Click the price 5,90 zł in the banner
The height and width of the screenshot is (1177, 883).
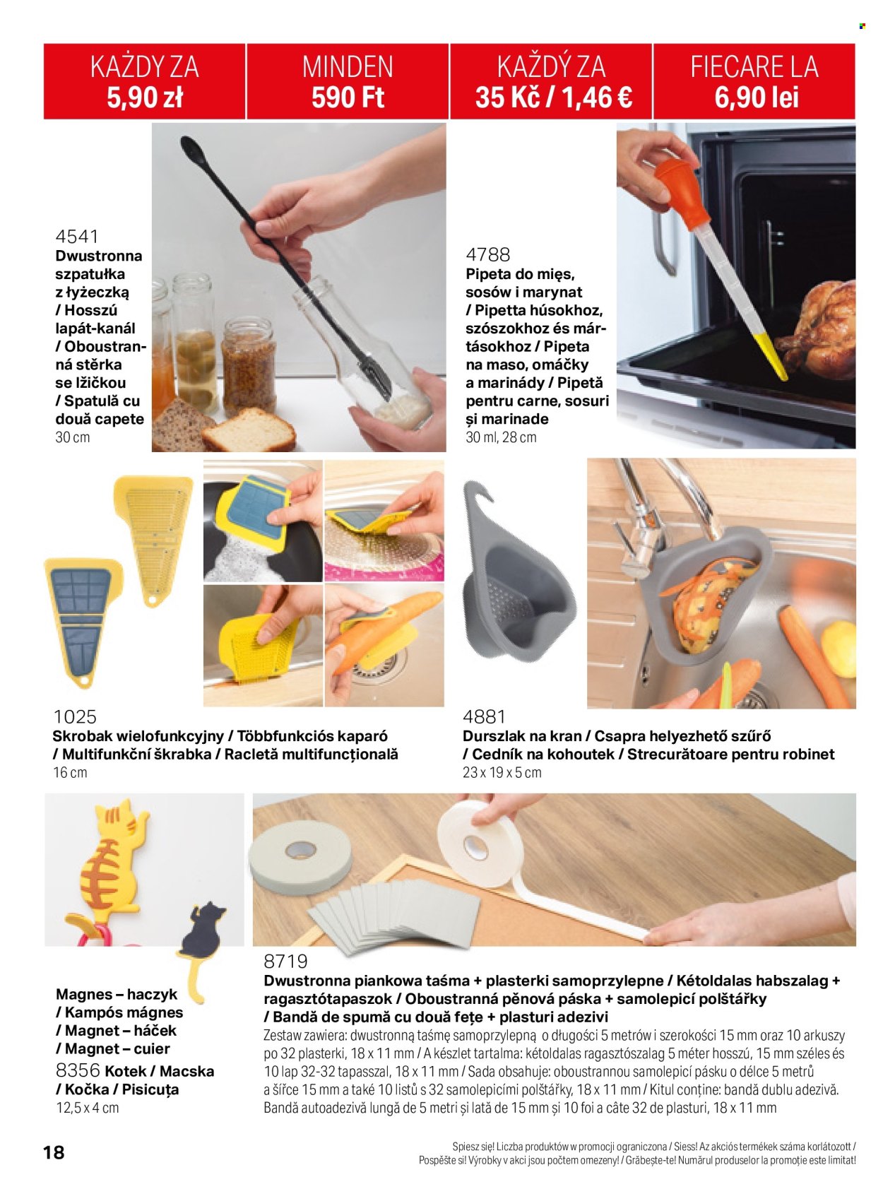click(x=145, y=97)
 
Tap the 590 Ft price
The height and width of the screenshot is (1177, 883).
click(x=348, y=97)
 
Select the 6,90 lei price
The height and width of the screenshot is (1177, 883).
click(x=757, y=97)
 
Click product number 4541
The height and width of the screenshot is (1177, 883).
click(x=77, y=236)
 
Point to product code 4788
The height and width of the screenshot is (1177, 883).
click(x=488, y=254)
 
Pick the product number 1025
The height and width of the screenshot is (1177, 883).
click(x=75, y=716)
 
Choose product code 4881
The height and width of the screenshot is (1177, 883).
click(x=484, y=716)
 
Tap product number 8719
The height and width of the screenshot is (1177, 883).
click(x=286, y=960)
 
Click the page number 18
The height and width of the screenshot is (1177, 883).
click(x=54, y=1152)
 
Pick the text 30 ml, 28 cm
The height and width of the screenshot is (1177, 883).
click(x=501, y=437)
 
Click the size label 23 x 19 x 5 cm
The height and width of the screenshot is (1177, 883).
click(x=502, y=772)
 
